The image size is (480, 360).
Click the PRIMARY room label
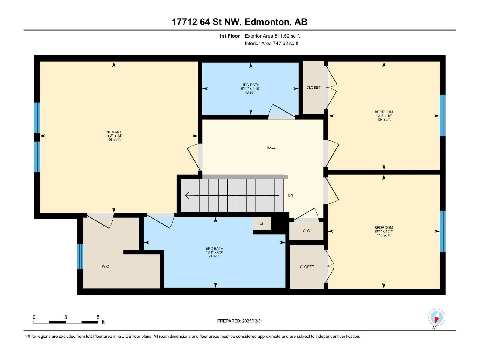point(113,132)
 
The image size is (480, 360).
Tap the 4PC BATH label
point(250,85)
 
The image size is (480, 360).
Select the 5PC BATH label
point(214,248)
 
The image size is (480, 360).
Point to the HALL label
point(271,147)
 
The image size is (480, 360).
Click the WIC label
point(105,266)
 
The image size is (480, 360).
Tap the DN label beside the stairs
point(291,195)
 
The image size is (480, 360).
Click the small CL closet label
point(262,224)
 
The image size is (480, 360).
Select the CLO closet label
point(306,231)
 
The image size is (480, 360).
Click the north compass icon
point(437,317)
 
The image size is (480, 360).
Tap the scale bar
point(66,322)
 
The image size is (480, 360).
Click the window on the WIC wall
point(80,256)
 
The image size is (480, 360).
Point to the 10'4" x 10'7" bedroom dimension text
point(384,232)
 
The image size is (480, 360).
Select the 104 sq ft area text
point(384,120)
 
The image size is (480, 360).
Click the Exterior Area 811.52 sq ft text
point(272,36)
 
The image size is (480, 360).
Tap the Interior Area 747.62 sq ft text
point(271,43)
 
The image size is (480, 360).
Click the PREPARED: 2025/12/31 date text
point(240,321)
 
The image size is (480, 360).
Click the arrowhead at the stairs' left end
point(187,195)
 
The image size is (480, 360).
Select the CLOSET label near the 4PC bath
point(313,87)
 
